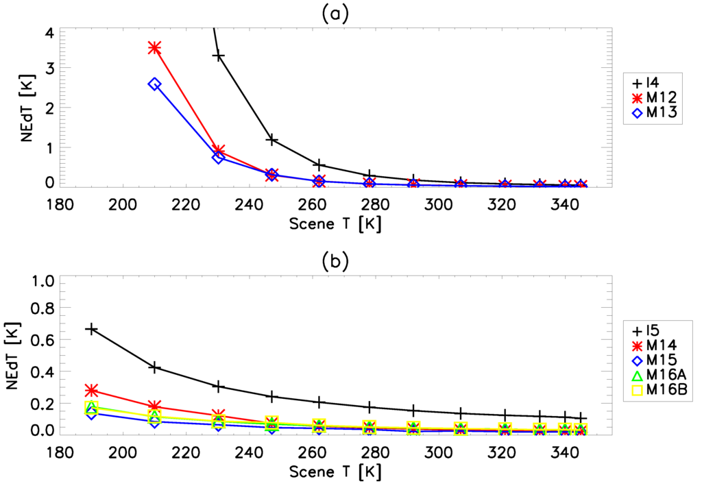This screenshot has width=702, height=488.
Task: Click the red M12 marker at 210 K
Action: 154,47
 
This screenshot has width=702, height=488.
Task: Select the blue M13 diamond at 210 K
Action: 154,84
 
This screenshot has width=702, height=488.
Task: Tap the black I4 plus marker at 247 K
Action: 271,140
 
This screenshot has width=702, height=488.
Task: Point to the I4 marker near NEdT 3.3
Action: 219,56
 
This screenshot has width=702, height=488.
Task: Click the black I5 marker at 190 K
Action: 91,329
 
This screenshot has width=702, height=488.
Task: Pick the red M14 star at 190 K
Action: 91,390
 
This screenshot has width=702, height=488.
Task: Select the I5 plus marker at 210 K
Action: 154,367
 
